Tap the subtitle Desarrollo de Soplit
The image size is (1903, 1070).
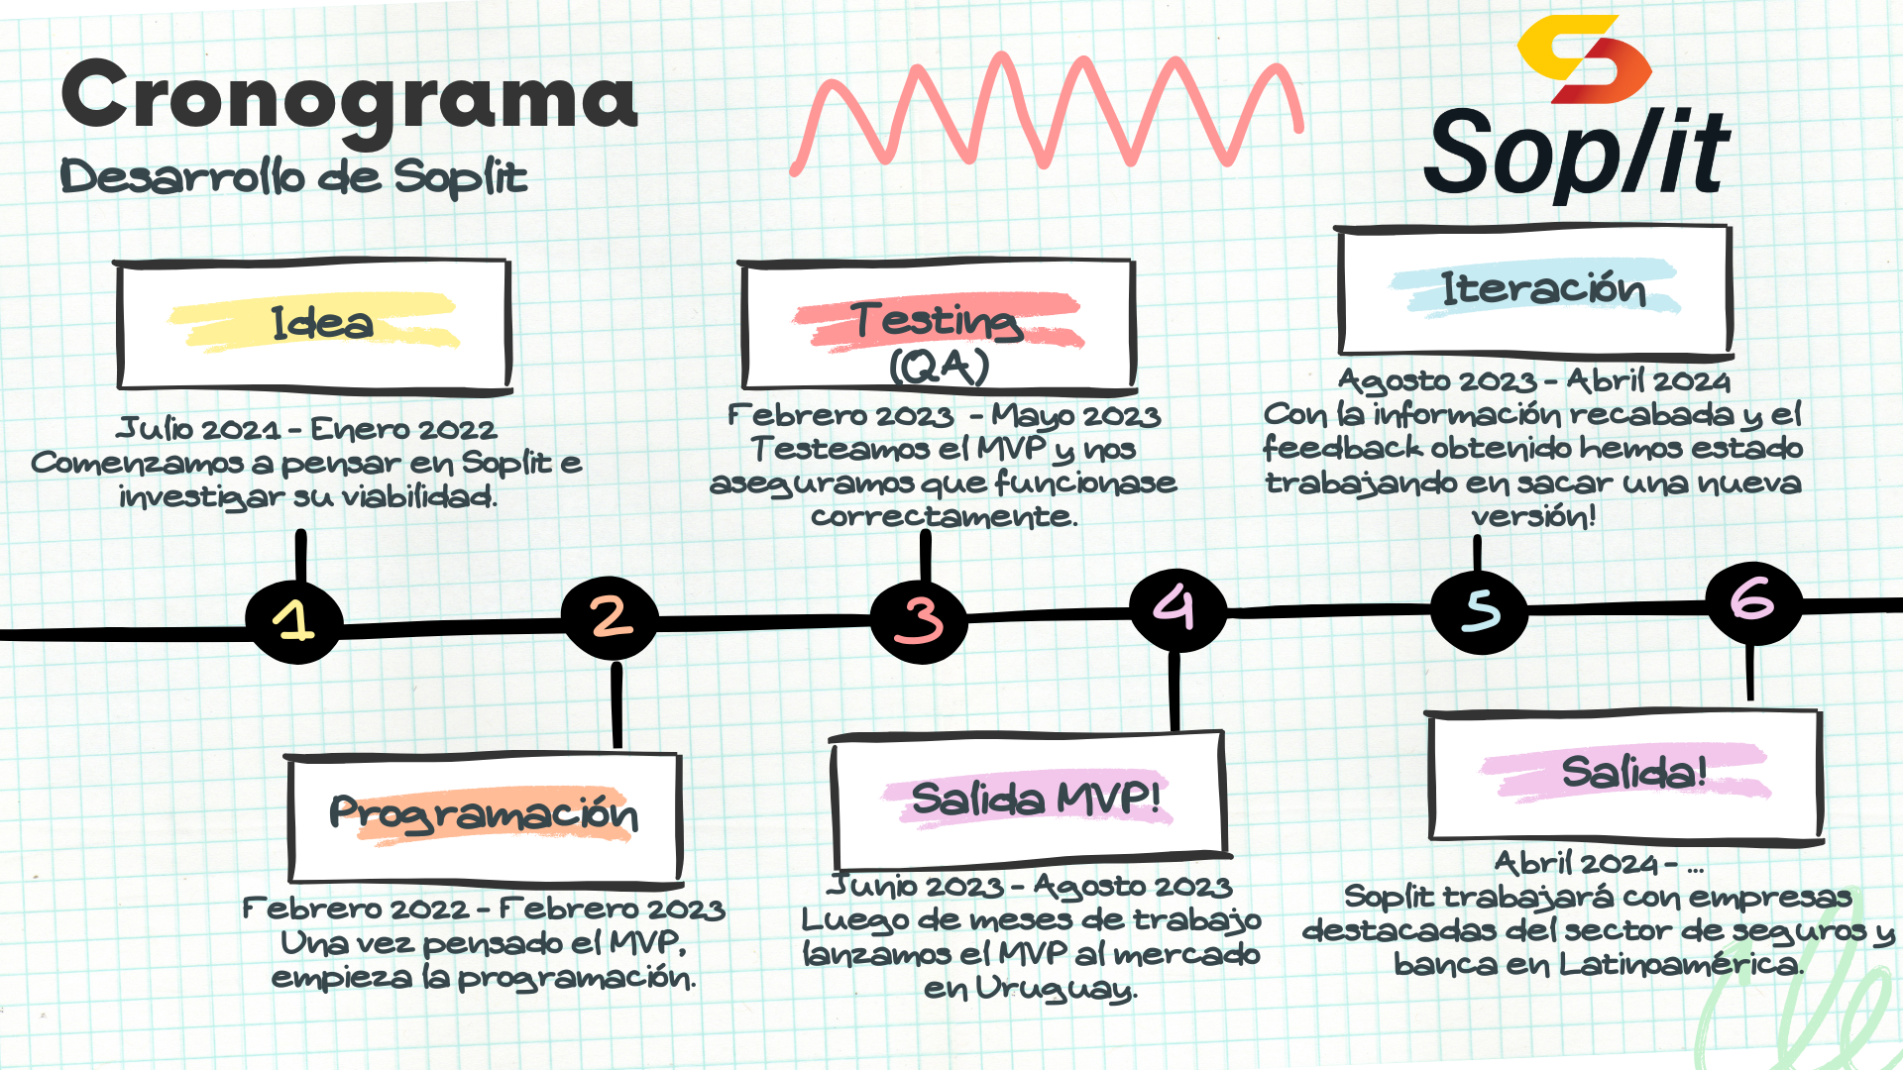tap(293, 177)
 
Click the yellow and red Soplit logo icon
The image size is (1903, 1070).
tap(1584, 59)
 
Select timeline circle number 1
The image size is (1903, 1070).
tap(294, 622)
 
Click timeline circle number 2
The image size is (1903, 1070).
tap(610, 617)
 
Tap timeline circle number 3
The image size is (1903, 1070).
tap(919, 621)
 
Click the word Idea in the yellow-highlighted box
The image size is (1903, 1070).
tap(322, 323)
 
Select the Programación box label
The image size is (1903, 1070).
tap(484, 813)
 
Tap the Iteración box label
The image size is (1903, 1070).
tap(1543, 288)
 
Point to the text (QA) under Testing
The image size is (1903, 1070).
tap(940, 368)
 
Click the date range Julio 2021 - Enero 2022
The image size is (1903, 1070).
tap(307, 429)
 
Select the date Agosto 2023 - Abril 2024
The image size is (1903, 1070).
tap(1534, 380)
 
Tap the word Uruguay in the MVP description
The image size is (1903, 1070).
tap(1057, 989)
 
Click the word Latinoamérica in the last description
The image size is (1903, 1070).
tap(1681, 964)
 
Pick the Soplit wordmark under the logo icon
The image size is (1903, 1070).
tap(1576, 154)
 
